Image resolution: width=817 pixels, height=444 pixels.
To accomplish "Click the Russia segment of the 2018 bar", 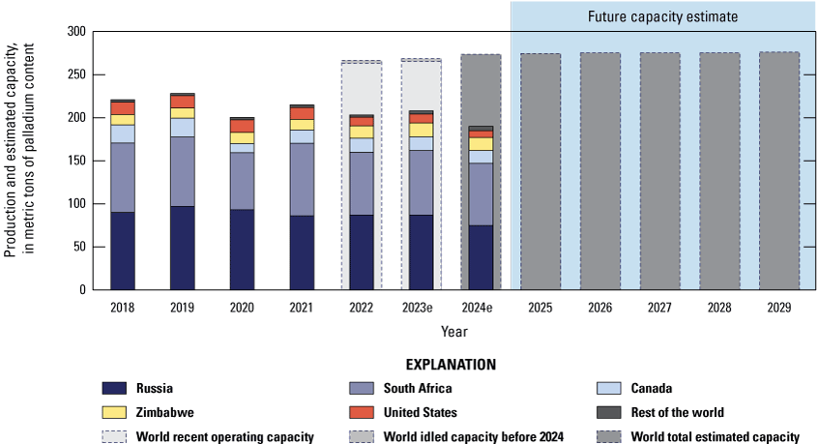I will click(x=122, y=251).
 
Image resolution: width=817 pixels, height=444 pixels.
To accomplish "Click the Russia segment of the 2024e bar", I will click(x=481, y=257).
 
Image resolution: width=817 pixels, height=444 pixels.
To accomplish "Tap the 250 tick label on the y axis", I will click(x=76, y=74).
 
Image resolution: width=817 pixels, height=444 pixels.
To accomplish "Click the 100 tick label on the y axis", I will click(x=76, y=204).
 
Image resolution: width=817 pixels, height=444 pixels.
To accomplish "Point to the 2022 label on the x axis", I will click(x=361, y=308).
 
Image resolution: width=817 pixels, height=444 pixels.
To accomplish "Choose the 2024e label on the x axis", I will click(x=481, y=308).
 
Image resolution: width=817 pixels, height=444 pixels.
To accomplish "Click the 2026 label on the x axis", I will click(x=599, y=308).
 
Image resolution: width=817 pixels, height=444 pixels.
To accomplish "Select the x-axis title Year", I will click(x=454, y=331).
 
